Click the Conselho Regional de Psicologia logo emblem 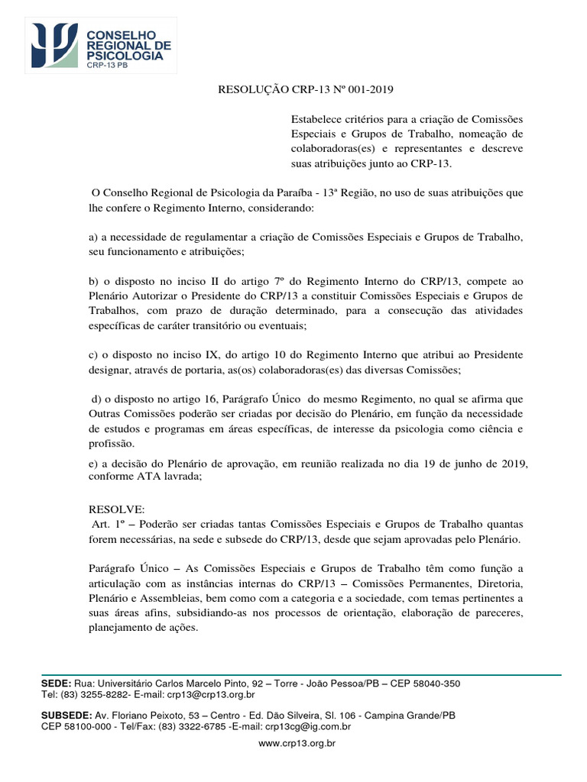[54, 44]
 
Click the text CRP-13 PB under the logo [107, 66]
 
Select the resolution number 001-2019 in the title [369, 89]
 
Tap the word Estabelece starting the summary [316, 120]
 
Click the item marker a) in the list [92, 238]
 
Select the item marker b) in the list [92, 282]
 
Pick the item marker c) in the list [92, 355]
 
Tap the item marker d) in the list [96, 399]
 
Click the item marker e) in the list [92, 464]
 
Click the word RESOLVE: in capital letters [111, 509]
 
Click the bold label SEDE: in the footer [56, 683]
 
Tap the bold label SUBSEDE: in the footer [65, 716]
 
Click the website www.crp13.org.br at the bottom [298, 742]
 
